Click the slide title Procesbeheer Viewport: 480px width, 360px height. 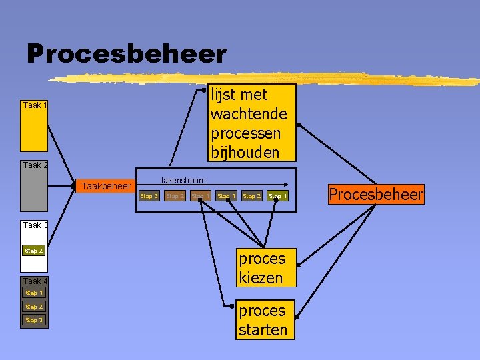coord(127,53)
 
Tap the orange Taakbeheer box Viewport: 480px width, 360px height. coord(106,186)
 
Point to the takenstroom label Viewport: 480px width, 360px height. coord(183,181)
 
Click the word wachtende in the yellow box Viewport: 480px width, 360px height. coord(249,114)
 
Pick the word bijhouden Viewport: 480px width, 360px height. coord(245,153)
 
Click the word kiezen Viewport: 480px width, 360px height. coord(261,277)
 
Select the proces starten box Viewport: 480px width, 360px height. coord(263,320)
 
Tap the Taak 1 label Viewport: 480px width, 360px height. coord(35,105)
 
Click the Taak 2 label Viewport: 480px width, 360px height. coord(35,165)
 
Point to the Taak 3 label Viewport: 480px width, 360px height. coord(35,225)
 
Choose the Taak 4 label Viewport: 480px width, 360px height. coord(35,281)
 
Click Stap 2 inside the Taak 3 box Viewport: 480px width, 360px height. coord(34,251)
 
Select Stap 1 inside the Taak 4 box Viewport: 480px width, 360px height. coord(34,293)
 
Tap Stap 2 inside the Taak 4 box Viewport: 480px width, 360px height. coord(34,307)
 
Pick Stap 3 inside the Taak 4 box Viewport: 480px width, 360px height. coord(34,320)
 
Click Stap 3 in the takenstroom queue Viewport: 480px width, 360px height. coord(149,196)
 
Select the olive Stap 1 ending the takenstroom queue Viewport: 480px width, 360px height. coord(277,196)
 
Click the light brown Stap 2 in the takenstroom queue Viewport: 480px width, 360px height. coord(175,196)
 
